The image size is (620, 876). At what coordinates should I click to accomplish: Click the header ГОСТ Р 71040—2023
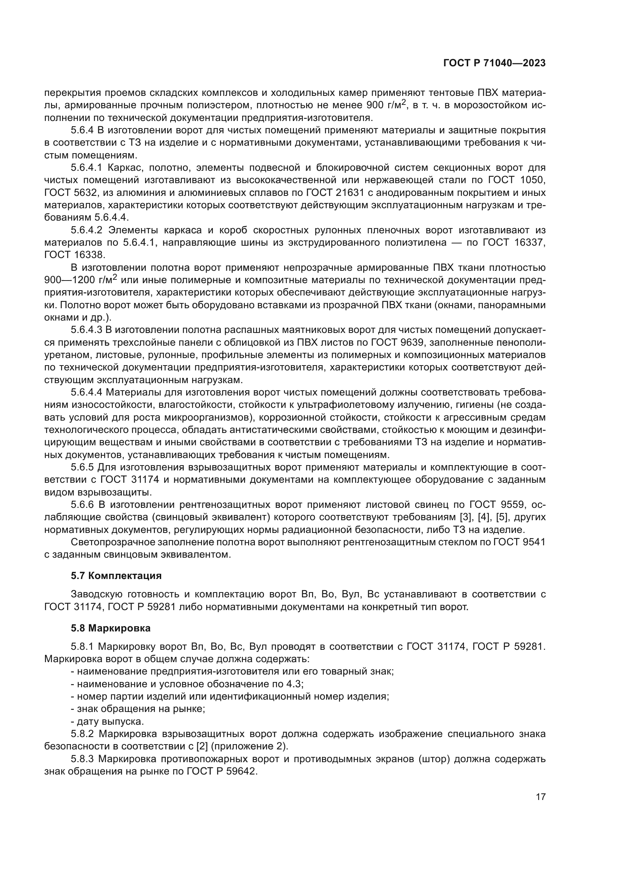[x=494, y=63]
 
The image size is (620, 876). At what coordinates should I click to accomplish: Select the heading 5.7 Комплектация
[x=116, y=576]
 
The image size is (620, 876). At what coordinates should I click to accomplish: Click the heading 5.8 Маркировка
[x=111, y=628]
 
